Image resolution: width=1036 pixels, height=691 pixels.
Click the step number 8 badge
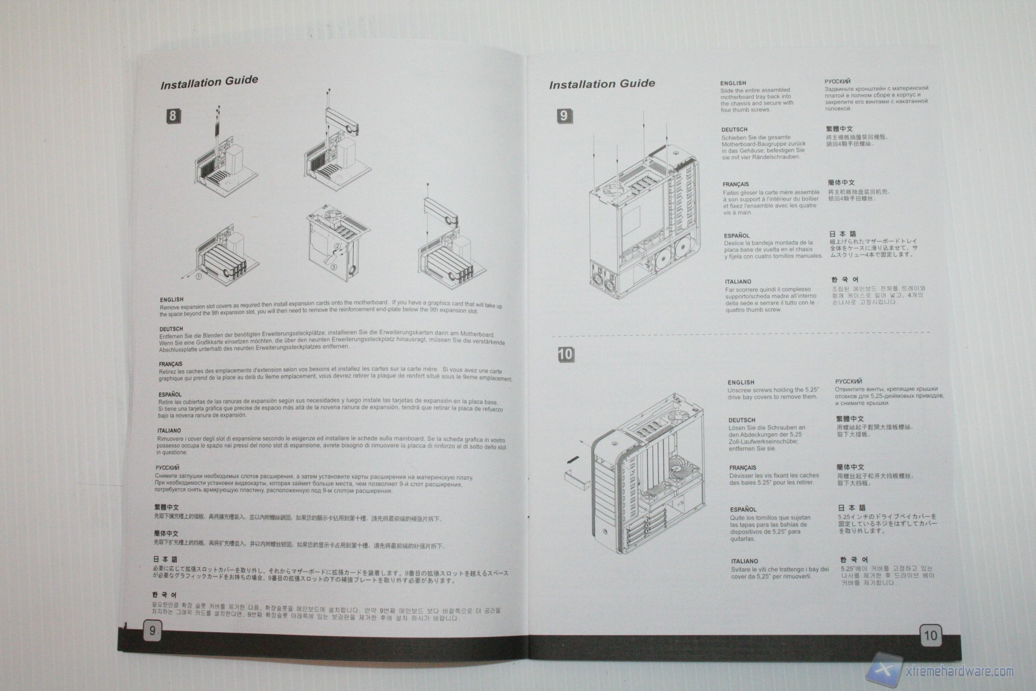click(x=173, y=116)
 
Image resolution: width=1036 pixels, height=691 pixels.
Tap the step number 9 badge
click(x=564, y=116)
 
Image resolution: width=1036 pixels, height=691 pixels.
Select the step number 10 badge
click(x=565, y=354)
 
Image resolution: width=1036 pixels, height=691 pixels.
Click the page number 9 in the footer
click(x=152, y=630)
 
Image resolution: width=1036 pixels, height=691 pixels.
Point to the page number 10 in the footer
click(x=930, y=635)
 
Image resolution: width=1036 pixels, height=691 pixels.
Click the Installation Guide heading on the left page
click(x=209, y=82)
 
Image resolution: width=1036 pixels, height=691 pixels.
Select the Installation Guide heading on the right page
click(x=602, y=84)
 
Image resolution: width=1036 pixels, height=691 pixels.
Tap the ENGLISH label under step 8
click(x=171, y=299)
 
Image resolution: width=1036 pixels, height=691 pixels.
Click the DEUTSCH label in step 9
click(x=734, y=130)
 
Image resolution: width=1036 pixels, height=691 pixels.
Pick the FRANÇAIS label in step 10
click(x=742, y=468)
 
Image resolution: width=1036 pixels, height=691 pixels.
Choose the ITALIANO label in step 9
click(x=737, y=281)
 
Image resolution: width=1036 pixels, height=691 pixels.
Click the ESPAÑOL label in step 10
click(x=743, y=509)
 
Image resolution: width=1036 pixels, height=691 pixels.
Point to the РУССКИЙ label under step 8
click(x=167, y=467)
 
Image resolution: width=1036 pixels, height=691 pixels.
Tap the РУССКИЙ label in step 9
click(x=837, y=81)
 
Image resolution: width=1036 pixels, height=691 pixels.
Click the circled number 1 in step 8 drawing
click(x=198, y=277)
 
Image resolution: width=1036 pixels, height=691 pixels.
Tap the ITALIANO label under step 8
click(x=169, y=431)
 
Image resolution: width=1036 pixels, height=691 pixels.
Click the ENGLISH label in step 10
click(x=741, y=382)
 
